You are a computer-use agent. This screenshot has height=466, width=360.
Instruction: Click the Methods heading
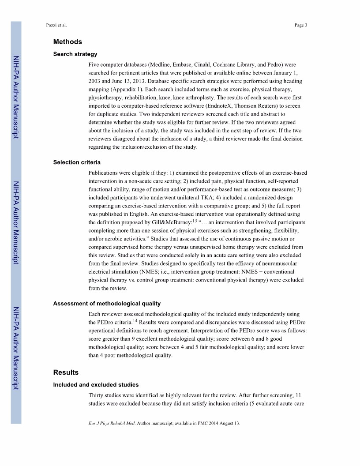pos(67,42)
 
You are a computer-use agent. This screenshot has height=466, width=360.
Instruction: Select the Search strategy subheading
pos(75,54)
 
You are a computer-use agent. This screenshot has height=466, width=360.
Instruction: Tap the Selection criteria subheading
pos(77,162)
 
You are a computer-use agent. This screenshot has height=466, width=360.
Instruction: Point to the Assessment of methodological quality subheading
pos(107,304)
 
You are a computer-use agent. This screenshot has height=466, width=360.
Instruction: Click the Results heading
pos(66,372)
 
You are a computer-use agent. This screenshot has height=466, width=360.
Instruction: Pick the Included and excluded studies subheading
pos(96,385)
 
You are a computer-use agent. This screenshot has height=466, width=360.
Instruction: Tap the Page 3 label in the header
pos(300,25)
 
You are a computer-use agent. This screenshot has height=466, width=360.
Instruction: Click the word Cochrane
pos(229,64)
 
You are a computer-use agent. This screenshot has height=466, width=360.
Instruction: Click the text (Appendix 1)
pos(122,90)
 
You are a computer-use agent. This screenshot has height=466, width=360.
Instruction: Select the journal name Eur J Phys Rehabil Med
pos(112,424)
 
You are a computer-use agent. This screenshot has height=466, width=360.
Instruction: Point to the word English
pos(133,214)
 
